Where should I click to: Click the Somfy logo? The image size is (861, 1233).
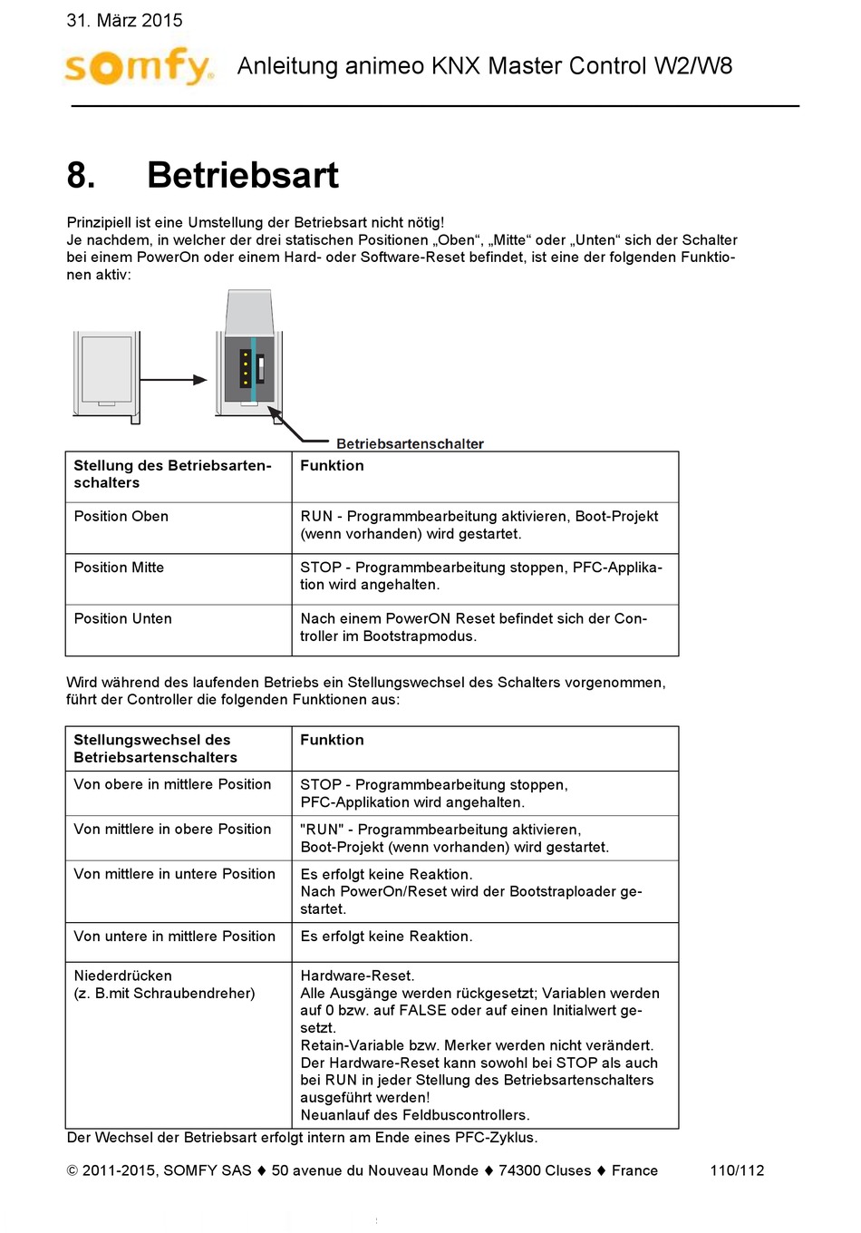[139, 66]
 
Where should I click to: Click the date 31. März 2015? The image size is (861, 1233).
[124, 20]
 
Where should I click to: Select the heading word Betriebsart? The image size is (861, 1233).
[243, 175]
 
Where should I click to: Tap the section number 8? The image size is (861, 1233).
[81, 175]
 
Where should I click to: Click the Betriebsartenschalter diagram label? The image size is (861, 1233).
[410, 443]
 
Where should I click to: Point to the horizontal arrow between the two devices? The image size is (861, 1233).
[174, 380]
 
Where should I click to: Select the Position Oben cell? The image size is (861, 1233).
[121, 517]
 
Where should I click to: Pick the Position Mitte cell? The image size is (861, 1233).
[119, 568]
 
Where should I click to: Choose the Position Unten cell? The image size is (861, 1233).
[123, 618]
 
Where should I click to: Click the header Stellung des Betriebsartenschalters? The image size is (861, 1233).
[172, 474]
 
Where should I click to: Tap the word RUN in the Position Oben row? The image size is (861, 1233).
[316, 517]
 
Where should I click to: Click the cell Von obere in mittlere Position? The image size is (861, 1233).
[172, 784]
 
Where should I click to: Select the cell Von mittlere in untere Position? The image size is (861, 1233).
[174, 874]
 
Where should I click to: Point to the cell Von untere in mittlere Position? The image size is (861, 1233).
[174, 937]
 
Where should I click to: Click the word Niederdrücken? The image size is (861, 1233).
[122, 976]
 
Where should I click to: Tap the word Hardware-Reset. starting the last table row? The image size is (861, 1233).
[357, 976]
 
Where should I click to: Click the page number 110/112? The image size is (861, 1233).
[737, 1170]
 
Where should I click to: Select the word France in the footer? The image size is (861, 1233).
[634, 1170]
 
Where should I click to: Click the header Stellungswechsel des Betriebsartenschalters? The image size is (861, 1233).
[155, 749]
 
